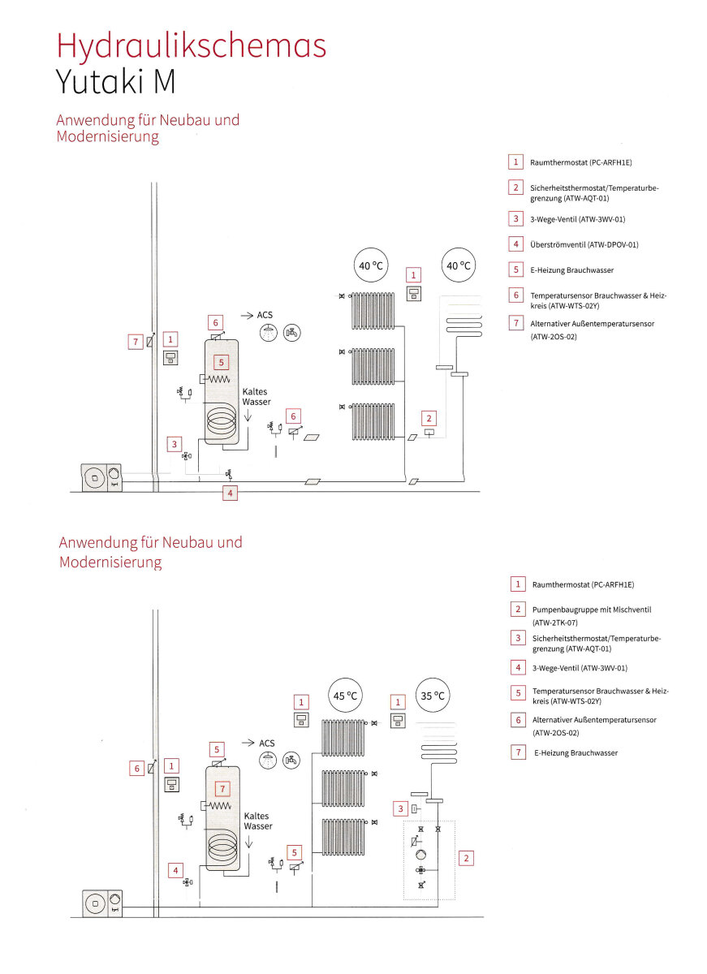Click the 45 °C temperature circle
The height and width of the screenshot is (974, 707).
click(345, 696)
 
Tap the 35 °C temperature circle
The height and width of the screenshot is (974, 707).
click(433, 696)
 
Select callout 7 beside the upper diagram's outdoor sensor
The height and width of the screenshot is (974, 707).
click(136, 342)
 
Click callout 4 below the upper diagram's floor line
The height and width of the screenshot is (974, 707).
click(230, 493)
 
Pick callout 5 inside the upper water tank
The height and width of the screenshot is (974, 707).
click(222, 362)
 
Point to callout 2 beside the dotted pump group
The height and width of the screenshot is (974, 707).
click(466, 858)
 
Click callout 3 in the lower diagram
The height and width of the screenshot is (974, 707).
click(400, 808)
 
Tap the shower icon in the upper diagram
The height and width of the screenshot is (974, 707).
click(269, 333)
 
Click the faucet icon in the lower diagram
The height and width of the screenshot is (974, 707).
click(291, 760)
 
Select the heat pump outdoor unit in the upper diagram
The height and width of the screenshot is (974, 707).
click(101, 478)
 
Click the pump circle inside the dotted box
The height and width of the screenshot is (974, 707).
click(420, 855)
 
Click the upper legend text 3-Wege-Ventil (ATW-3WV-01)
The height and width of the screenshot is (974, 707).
click(577, 219)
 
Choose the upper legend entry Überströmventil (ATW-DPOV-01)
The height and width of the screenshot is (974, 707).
click(584, 244)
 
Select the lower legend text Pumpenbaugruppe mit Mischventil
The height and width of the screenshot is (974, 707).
click(592, 610)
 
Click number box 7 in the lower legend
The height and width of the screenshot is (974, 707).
click(518, 752)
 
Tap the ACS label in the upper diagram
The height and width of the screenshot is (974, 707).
click(265, 315)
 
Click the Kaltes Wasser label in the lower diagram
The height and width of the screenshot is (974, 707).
click(258, 821)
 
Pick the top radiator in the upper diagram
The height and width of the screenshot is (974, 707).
click(373, 310)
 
